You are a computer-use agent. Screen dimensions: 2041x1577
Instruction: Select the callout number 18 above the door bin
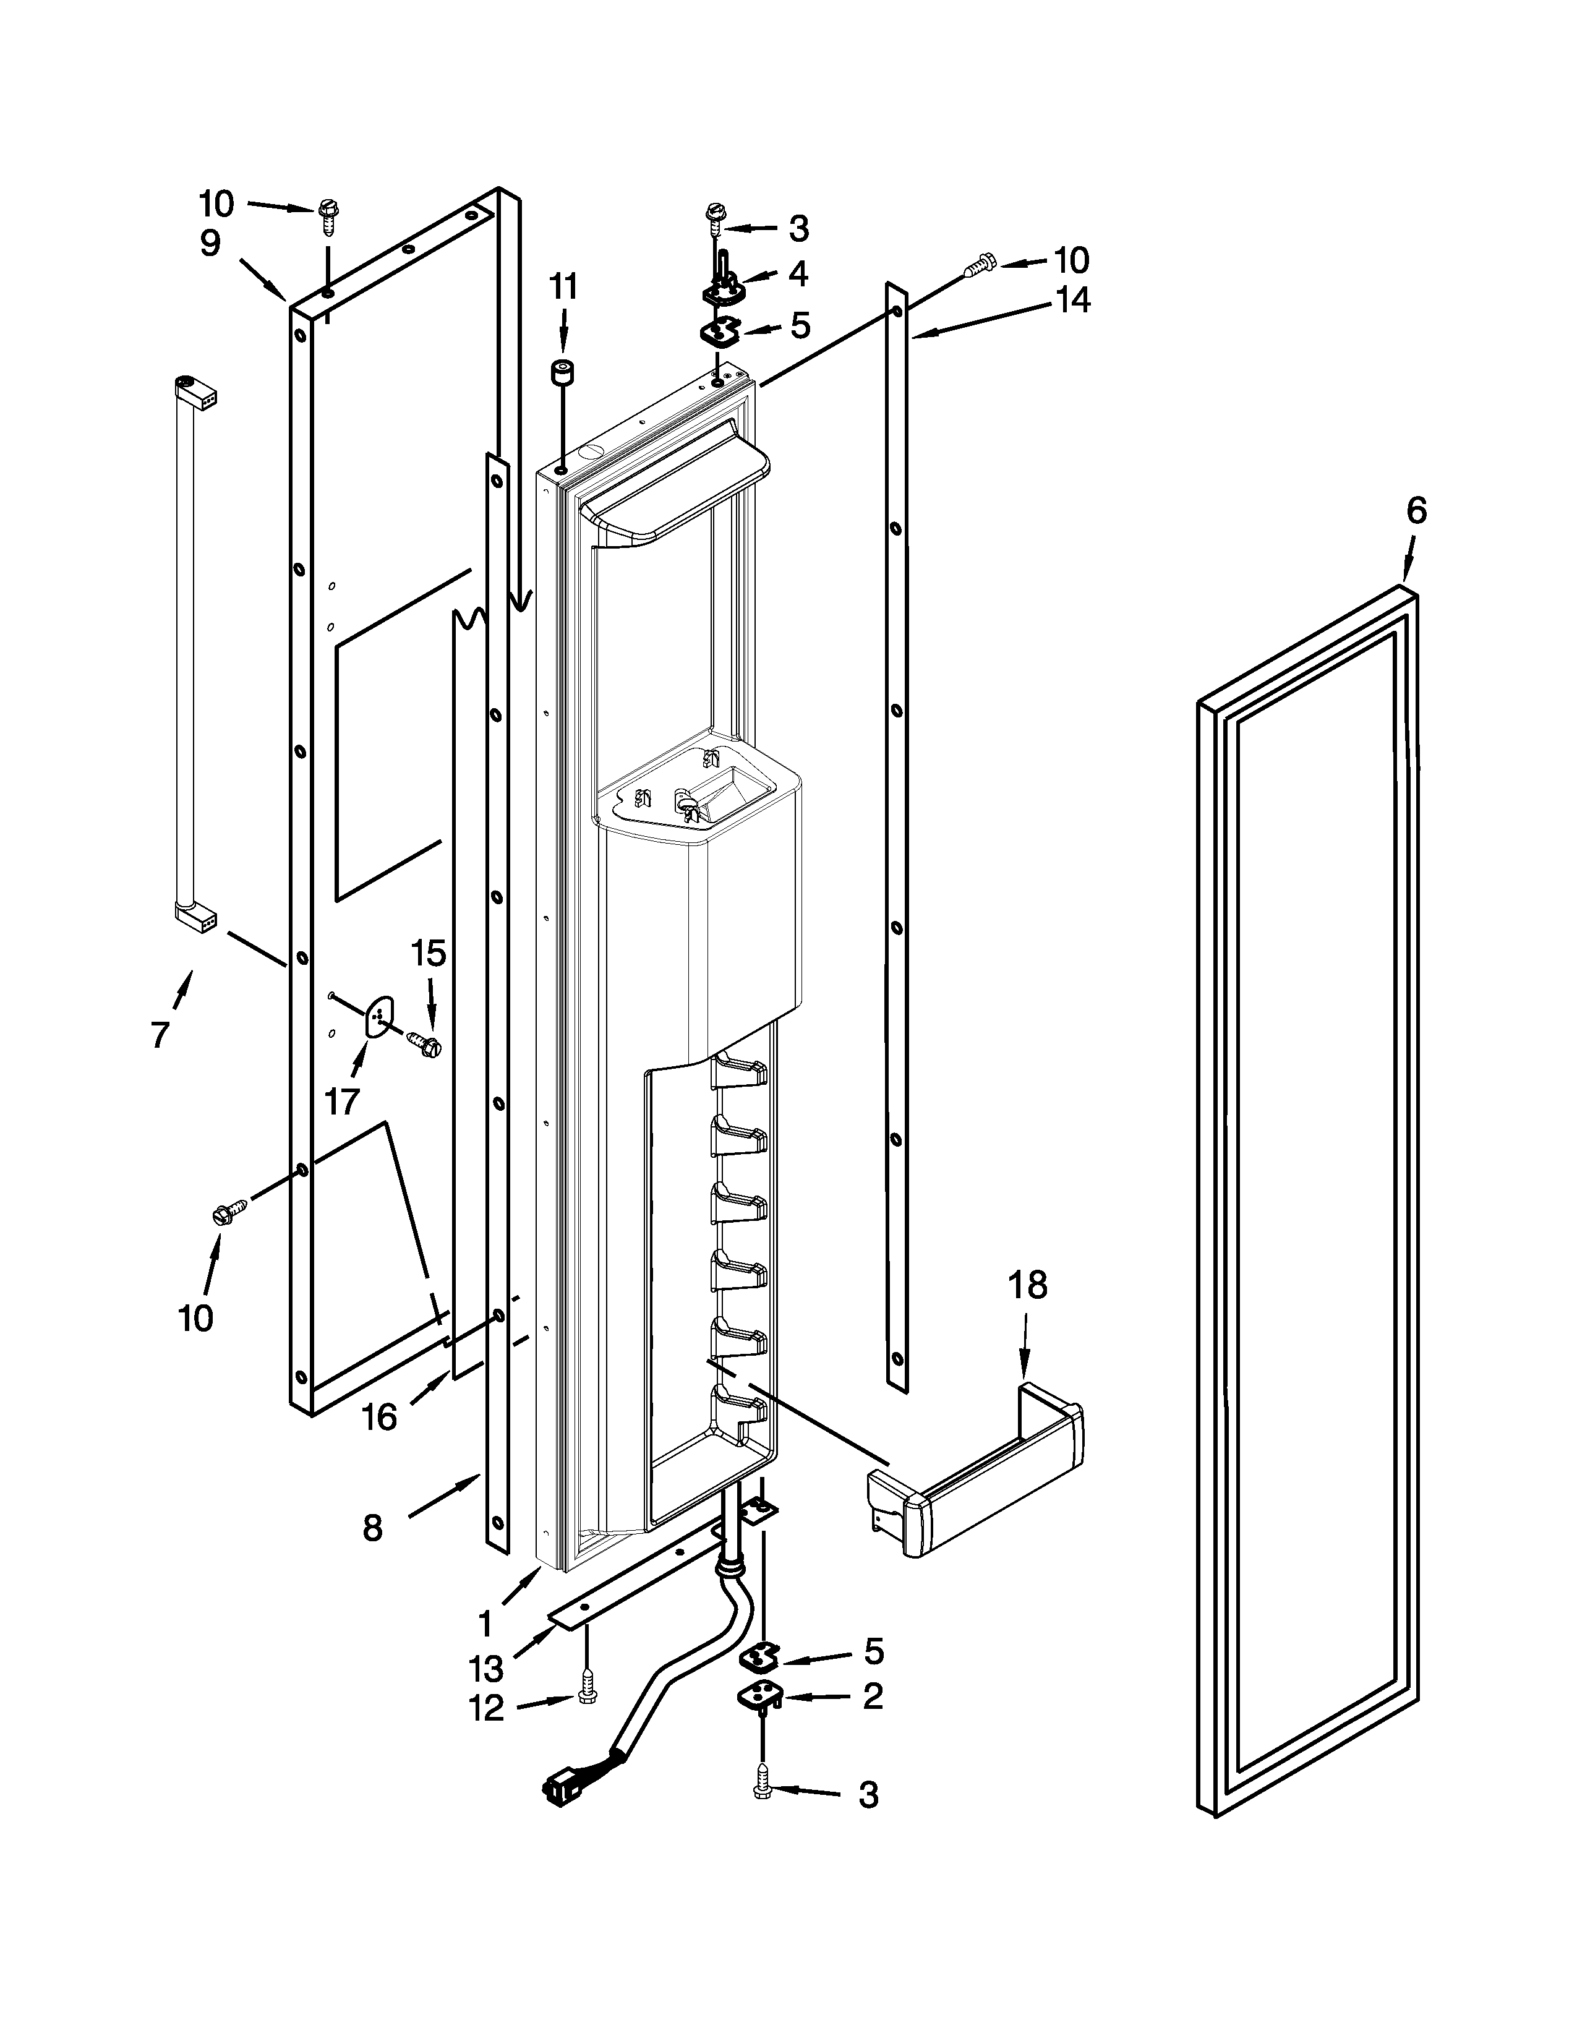[x=1028, y=1286]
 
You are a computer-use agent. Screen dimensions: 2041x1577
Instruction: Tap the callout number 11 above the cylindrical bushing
[x=562, y=287]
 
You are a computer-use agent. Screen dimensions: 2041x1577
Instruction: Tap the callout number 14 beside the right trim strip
[x=1074, y=301]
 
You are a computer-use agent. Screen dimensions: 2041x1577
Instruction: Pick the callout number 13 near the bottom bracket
[x=486, y=1667]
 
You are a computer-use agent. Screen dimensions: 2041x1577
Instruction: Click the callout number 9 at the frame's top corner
[x=210, y=244]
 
